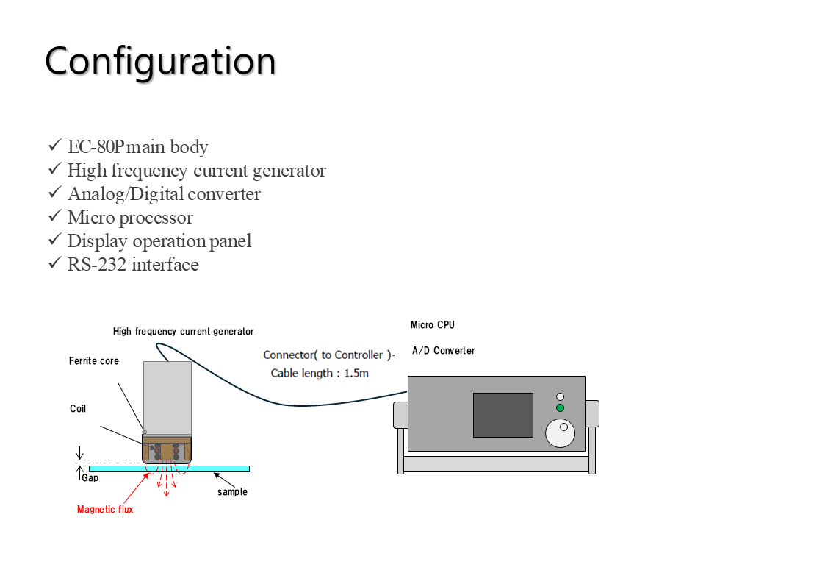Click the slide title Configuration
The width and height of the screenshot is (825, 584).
[160, 62]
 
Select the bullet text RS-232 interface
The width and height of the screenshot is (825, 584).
[133, 265]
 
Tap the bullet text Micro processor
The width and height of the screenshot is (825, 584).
[130, 218]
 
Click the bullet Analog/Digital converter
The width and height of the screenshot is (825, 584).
[164, 194]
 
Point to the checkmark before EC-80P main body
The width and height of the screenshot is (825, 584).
[54, 146]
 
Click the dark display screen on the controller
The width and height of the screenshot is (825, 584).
[502, 415]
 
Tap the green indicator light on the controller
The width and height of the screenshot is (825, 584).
[560, 407]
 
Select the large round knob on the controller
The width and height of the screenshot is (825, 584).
[561, 432]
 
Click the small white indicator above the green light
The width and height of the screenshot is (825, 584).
[560, 396]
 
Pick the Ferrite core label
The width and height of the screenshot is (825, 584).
[94, 361]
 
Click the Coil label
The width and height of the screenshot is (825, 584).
[78, 409]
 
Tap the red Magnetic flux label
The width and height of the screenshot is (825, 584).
[105, 510]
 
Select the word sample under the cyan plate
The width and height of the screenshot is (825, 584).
[232, 492]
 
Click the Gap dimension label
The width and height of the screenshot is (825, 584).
[90, 478]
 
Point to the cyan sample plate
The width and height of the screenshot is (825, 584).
[220, 469]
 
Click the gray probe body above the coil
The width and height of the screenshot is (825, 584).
[167, 397]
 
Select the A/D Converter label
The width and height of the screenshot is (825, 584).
[443, 351]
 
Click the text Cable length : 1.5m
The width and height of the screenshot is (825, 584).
[320, 373]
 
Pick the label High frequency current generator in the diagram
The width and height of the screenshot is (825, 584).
[184, 332]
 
